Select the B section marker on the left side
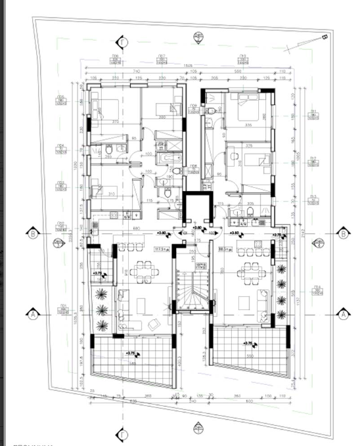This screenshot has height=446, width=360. [33, 233]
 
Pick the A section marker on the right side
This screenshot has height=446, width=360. [343, 314]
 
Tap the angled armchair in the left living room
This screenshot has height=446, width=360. [152, 323]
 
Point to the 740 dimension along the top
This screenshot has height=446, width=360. [136, 71]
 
